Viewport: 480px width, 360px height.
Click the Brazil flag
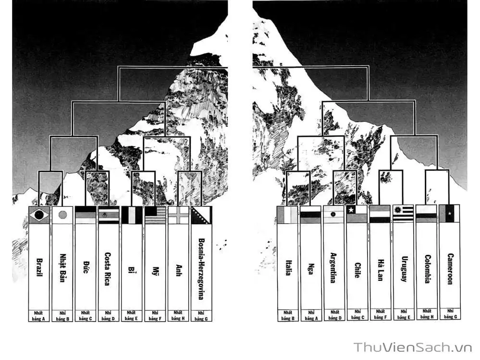(x=39, y=215)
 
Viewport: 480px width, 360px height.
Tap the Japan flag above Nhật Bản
(x=62, y=215)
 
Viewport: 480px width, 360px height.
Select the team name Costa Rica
(x=108, y=269)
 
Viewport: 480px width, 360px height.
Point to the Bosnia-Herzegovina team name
(x=201, y=269)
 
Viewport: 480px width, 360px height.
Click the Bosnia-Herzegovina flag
(x=201, y=215)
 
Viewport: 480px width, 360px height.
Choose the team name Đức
(x=86, y=267)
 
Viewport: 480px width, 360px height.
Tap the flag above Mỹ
(x=155, y=215)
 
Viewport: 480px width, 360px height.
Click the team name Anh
(x=178, y=270)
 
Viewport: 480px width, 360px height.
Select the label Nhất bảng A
(x=38, y=316)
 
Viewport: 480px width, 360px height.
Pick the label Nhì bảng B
(x=62, y=316)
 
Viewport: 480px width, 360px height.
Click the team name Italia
(x=288, y=268)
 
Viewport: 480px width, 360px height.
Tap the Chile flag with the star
(x=357, y=214)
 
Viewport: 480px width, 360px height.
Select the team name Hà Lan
(x=380, y=270)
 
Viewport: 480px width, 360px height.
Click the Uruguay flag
(x=404, y=214)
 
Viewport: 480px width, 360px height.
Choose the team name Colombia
(x=427, y=269)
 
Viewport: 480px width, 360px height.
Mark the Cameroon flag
(x=449, y=214)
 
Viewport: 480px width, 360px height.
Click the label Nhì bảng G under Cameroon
(x=450, y=314)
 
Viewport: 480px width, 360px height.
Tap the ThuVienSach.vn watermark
(x=413, y=348)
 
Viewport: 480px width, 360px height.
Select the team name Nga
(x=311, y=268)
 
